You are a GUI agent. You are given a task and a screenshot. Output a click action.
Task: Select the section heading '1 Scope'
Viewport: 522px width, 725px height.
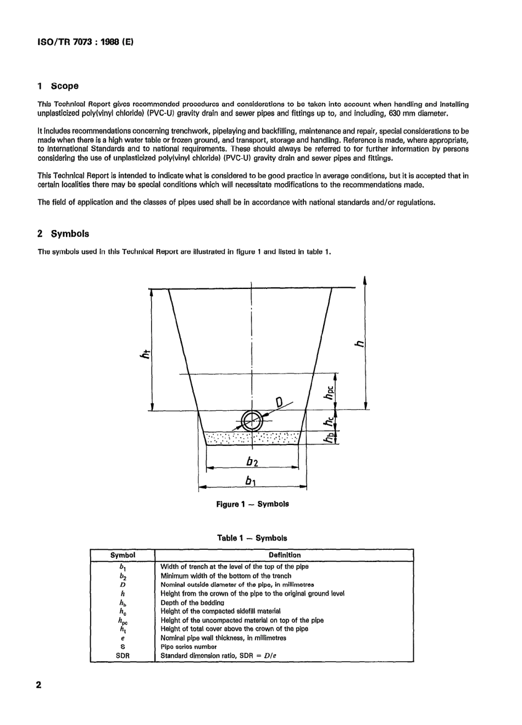58,86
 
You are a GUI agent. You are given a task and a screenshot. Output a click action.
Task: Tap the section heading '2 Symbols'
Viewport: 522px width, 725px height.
63,234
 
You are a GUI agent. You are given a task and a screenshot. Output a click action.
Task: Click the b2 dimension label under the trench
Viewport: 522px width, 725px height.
252,460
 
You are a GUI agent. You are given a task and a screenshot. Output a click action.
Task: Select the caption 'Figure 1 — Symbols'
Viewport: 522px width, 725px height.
252,504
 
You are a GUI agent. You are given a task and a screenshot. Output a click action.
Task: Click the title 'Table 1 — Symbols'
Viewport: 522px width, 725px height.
252,538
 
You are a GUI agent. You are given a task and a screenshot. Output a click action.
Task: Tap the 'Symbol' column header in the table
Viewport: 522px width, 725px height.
123,555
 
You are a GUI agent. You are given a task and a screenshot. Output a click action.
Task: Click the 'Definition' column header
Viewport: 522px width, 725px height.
285,555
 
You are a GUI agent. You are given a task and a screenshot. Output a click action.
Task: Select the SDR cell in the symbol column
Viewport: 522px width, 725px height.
123,656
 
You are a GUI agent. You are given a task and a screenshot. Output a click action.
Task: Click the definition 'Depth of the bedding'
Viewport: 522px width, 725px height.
192,603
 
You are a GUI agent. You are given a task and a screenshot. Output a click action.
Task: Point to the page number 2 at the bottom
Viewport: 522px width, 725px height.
38,686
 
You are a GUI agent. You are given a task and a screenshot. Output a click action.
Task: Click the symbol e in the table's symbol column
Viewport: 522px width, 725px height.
123,638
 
